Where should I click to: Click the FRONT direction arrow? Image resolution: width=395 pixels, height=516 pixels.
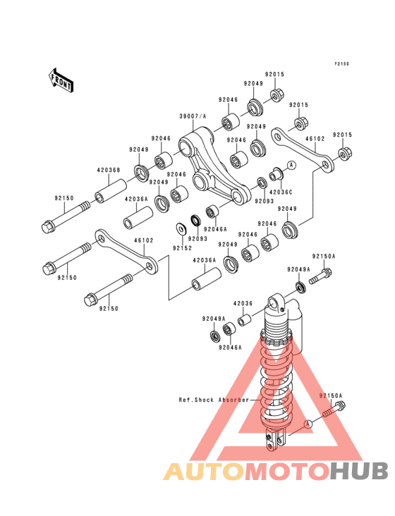(61, 80)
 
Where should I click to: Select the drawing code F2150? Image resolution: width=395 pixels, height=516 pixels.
(342, 64)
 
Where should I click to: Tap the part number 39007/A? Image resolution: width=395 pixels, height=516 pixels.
(193, 116)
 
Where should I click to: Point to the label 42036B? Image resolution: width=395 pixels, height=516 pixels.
(109, 170)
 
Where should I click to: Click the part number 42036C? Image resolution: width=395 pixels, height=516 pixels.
(281, 192)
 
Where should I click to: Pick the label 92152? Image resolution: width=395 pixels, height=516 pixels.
(183, 248)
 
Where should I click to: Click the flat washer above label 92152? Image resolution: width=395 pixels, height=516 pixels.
(181, 228)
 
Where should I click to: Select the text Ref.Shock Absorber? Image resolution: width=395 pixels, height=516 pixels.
(214, 400)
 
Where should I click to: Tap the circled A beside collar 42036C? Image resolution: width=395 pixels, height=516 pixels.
(291, 165)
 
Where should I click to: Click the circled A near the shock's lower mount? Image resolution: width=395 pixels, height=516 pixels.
(308, 424)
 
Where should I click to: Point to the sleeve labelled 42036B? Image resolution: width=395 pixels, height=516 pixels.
(111, 190)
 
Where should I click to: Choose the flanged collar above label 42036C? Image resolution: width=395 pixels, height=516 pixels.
(275, 174)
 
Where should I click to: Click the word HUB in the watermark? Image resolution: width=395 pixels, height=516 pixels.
(359, 471)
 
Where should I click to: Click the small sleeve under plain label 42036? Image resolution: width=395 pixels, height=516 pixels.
(245, 320)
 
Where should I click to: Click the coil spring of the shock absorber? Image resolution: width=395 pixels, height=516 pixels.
(276, 382)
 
